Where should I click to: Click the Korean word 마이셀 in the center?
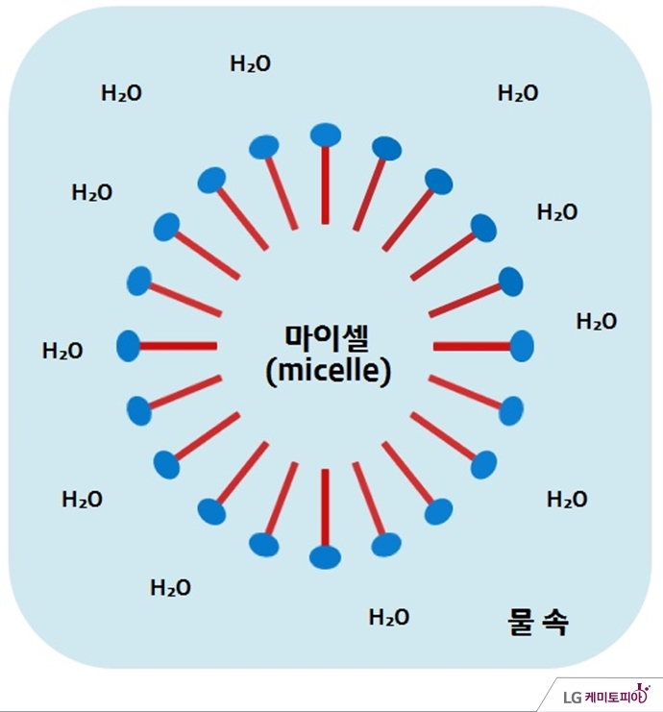point(328,338)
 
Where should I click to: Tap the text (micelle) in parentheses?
point(328,372)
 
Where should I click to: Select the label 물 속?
point(537,624)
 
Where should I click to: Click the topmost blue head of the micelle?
point(326,135)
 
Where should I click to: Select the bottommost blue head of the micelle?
point(325,556)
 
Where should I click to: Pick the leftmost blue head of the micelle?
point(128,345)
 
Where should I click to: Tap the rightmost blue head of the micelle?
point(522,345)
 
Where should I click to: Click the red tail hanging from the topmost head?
point(326,184)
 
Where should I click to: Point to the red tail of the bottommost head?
point(325,506)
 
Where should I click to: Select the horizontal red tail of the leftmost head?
point(178,345)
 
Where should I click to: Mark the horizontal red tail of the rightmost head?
point(472,345)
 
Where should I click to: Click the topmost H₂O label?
point(251,64)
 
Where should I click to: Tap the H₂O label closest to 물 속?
point(389,618)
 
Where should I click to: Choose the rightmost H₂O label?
point(597,322)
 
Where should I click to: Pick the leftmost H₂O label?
point(62,352)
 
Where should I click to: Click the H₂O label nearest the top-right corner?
point(518,93)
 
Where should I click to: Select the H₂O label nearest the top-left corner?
point(122,93)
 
